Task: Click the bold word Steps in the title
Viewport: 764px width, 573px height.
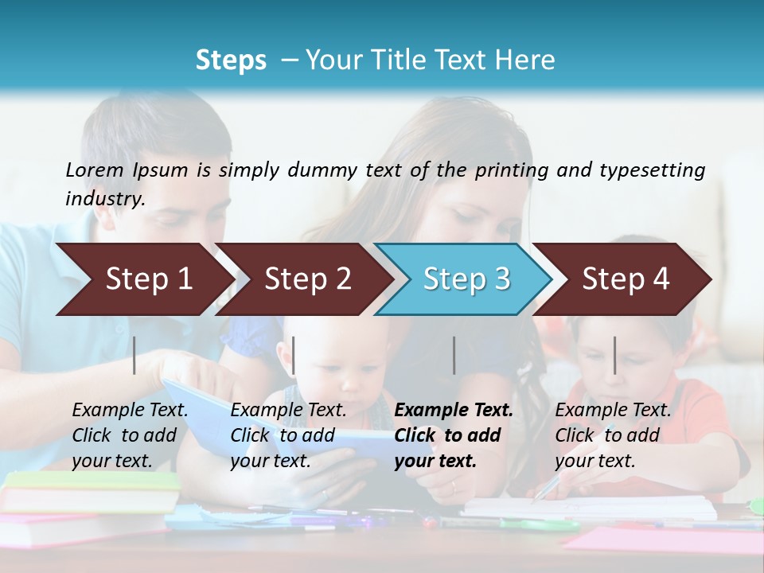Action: pos(231,60)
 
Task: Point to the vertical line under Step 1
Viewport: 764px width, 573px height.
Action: pos(134,355)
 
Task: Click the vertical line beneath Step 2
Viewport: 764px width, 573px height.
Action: pos(294,355)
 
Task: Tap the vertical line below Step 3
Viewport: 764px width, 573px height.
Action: pos(454,355)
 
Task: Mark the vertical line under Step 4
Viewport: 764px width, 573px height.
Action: pos(614,355)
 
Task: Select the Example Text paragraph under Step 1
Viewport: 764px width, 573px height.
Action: pos(130,435)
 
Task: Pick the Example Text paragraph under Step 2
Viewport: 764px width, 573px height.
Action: pos(288,435)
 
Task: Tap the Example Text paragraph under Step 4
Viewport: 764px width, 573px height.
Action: pos(613,435)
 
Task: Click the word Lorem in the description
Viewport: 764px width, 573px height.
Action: pos(95,170)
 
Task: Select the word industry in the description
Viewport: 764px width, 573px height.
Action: pos(104,198)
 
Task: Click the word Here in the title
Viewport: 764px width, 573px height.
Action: pos(528,60)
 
